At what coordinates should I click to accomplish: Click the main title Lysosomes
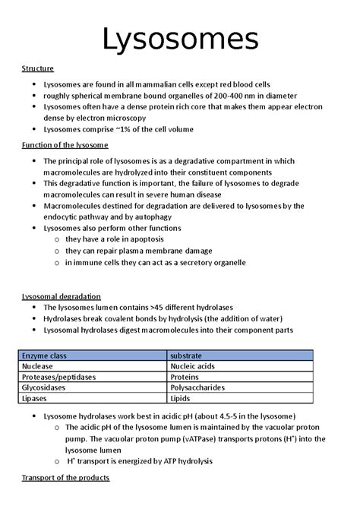click(x=180, y=38)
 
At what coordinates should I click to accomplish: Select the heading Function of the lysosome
click(x=65, y=144)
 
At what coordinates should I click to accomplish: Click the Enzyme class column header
click(x=44, y=355)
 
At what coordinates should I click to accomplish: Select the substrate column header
click(x=185, y=355)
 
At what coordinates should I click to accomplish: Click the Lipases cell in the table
click(x=35, y=397)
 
